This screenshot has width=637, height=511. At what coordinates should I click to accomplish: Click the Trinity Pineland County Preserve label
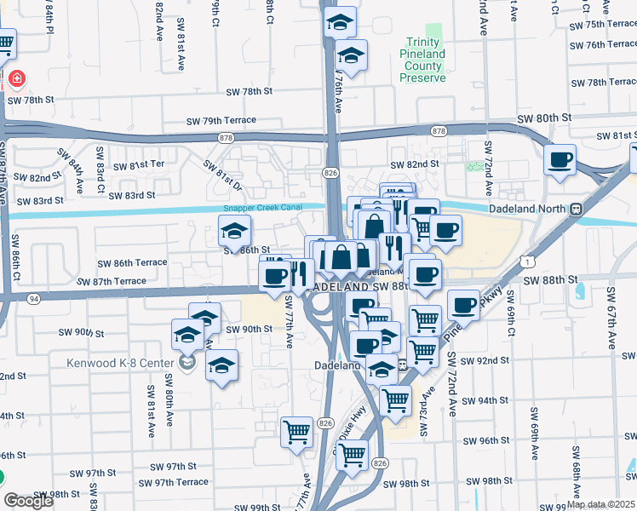point(423,60)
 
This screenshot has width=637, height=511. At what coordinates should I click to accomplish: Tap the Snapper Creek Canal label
point(264,208)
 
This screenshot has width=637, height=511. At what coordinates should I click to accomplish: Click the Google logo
point(29,501)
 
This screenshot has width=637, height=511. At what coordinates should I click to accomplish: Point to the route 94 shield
point(33,299)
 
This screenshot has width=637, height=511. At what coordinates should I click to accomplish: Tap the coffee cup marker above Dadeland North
point(560,159)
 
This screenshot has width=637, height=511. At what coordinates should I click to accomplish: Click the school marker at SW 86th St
point(235,230)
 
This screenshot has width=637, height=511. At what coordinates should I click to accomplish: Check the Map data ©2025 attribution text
point(600,504)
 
